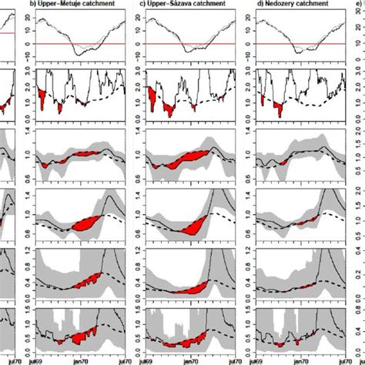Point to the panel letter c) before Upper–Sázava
[142, 5]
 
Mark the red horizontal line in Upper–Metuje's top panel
[77, 44]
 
